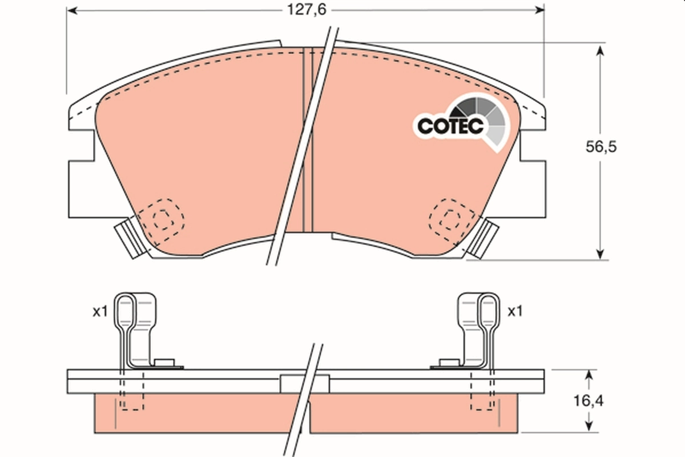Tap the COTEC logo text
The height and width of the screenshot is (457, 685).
point(450,126)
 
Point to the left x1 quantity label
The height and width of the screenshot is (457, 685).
point(100,311)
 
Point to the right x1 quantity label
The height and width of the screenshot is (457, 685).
point(515,311)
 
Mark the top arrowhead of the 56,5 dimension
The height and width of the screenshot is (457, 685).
point(600,51)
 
